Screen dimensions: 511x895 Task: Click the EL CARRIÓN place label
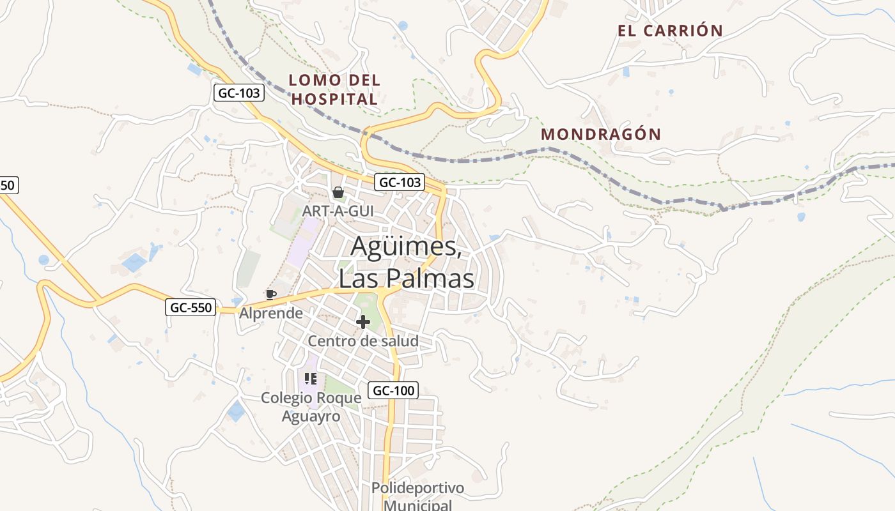coord(670,30)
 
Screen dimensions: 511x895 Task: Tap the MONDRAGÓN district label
coord(601,134)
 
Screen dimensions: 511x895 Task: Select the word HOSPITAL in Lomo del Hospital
coord(334,99)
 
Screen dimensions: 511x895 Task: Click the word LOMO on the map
coord(312,80)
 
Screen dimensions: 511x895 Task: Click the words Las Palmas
coord(407,278)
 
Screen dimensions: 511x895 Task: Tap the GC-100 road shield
coord(393,390)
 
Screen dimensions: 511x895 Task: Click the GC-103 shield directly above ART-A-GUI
coord(400,182)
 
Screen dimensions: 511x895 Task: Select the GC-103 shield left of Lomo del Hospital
coord(239,93)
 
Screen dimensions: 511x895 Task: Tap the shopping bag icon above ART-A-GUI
coord(338,192)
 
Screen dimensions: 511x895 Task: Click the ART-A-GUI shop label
coord(338,210)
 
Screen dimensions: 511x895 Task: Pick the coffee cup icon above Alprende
coord(270,294)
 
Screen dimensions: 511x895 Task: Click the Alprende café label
coord(271,313)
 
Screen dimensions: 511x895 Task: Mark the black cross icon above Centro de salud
coord(363,322)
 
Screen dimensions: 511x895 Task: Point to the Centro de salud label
coord(363,341)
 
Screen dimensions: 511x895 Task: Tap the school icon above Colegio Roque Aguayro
coord(311,379)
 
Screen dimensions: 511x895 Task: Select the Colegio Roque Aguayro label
coord(311,407)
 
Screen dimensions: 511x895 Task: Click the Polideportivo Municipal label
coord(418,496)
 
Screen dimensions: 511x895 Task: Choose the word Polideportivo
coord(418,489)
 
